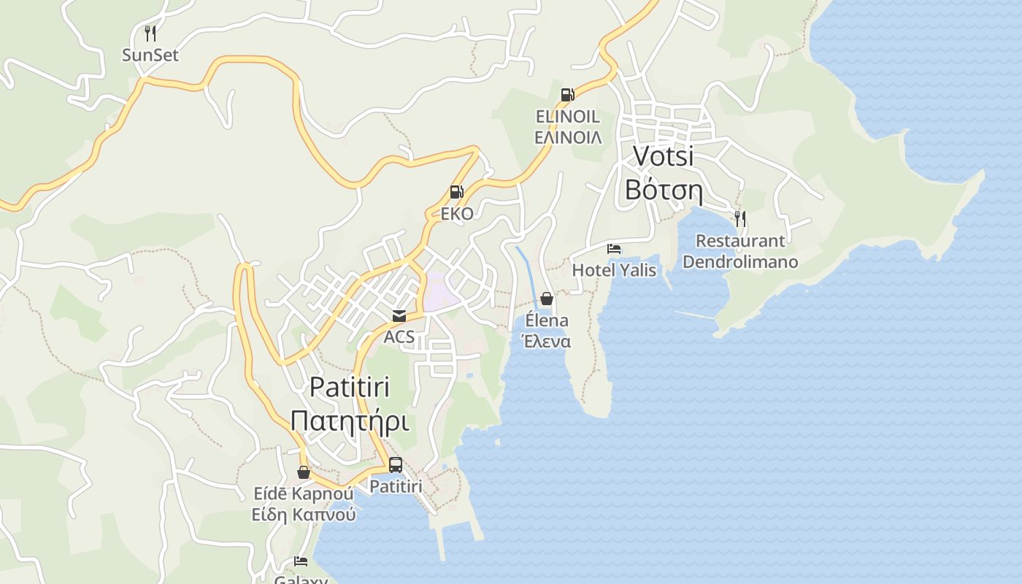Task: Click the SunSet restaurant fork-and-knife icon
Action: pos(150,33)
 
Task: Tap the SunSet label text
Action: pos(150,55)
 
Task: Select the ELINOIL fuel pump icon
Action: pos(567,94)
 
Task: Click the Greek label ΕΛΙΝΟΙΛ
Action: pos(568,137)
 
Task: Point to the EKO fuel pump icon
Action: pos(457,192)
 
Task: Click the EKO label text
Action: pos(457,214)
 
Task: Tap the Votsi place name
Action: pos(663,155)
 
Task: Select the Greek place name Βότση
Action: pos(663,190)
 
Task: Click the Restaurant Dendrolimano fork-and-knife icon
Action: pos(740,218)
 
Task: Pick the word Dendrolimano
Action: pos(740,261)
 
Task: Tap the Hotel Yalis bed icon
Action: pos(614,249)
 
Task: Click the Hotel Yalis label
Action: pos(614,270)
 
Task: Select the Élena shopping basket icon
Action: pos(547,299)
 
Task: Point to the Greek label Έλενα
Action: pos(545,342)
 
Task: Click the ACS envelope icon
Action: pos(399,316)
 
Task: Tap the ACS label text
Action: pos(399,337)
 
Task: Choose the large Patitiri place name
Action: pos(350,387)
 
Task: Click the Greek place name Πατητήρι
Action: pos(350,421)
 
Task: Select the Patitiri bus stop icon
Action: pos(396,464)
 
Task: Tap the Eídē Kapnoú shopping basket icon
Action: pos(304,472)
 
